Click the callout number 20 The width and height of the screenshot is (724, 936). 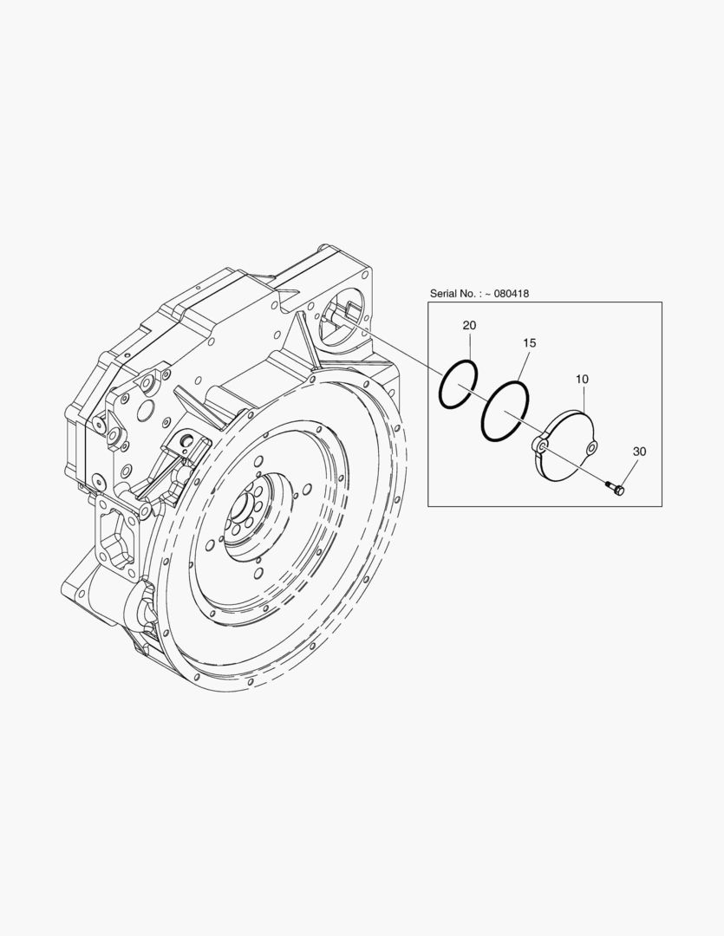[x=469, y=325]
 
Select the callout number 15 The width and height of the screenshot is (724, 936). [x=529, y=343]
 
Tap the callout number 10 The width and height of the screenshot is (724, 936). [x=581, y=380]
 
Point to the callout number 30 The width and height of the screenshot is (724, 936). [x=639, y=452]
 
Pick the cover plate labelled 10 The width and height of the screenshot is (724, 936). [x=568, y=446]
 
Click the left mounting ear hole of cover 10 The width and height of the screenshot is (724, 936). [x=540, y=445]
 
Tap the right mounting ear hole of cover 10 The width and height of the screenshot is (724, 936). [x=591, y=447]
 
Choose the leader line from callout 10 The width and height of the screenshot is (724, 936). [x=583, y=400]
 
